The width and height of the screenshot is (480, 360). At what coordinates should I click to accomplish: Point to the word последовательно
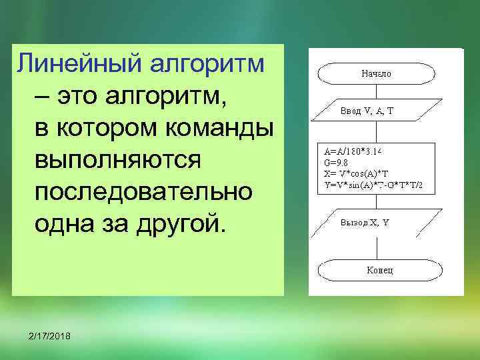coord(143,192)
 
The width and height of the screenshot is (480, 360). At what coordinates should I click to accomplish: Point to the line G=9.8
coord(335,161)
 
